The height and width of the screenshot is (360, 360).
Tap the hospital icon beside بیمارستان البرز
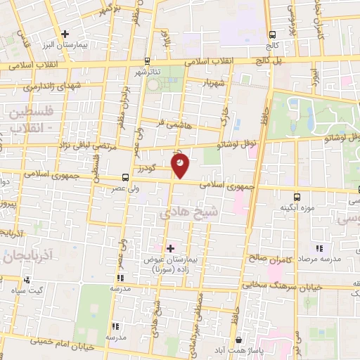coord(65,33)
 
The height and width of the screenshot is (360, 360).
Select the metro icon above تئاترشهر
coord(146,60)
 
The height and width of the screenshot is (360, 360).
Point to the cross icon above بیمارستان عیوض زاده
coord(170,248)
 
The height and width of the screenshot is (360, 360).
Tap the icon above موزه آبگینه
coord(296,196)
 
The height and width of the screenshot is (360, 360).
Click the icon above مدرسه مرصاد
coord(320,247)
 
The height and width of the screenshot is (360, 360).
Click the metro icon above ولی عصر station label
coord(125,177)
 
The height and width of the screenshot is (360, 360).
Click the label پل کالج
coord(271,62)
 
